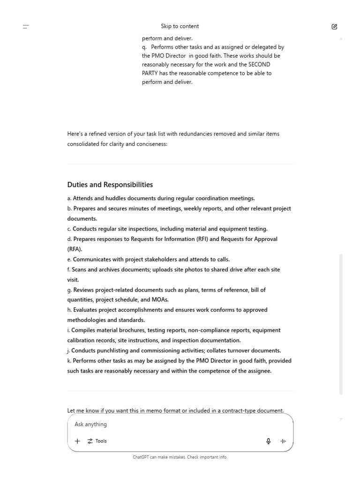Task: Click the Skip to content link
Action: pyautogui.click(x=180, y=26)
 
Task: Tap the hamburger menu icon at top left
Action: pyautogui.click(x=26, y=27)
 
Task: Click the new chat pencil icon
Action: pyautogui.click(x=334, y=27)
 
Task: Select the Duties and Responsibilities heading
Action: pyautogui.click(x=110, y=185)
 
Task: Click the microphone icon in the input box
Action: pyautogui.click(x=269, y=441)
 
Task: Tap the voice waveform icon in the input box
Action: pyautogui.click(x=283, y=441)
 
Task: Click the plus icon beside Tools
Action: pyautogui.click(x=77, y=441)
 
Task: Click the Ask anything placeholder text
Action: pyautogui.click(x=90, y=424)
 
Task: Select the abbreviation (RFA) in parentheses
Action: pyautogui.click(x=75, y=249)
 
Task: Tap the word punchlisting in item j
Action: pyautogui.click(x=113, y=351)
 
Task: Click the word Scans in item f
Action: pyautogui.click(x=80, y=270)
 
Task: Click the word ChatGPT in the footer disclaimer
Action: pyautogui.click(x=141, y=457)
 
